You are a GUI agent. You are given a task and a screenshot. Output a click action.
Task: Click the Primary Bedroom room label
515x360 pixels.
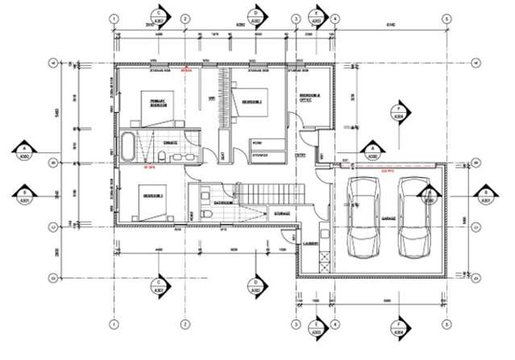coord(158,103)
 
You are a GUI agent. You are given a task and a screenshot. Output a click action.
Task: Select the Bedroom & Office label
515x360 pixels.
coord(309,98)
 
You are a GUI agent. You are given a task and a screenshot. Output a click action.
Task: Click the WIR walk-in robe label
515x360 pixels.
coord(212,99)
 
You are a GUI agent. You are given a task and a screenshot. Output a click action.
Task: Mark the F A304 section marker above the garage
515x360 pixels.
coord(397,110)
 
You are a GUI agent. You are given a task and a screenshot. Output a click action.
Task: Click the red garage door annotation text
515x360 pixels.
coord(388,170)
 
